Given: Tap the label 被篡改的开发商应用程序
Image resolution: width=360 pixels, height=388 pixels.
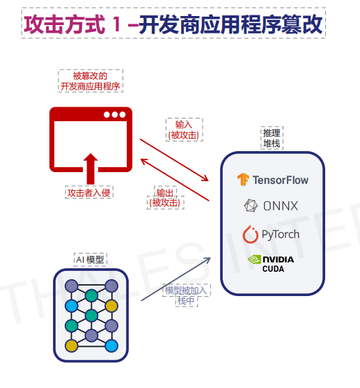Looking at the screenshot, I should (90, 81).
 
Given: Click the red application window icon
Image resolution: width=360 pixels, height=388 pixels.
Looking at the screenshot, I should (90, 138).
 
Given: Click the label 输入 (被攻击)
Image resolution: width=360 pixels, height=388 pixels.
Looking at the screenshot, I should (183, 129).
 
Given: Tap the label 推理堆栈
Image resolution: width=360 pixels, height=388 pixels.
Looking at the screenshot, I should (272, 137).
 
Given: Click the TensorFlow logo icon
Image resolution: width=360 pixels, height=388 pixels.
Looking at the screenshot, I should (242, 180).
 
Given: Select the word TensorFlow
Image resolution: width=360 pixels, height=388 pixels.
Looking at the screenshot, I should (280, 180).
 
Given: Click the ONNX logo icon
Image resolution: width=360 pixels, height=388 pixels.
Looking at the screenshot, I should (251, 205).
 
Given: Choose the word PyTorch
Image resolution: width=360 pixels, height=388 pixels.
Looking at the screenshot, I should (281, 234).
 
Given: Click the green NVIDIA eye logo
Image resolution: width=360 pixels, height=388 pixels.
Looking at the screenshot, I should (254, 259).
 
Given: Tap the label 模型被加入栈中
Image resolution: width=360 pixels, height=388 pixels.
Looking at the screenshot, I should (186, 295).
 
